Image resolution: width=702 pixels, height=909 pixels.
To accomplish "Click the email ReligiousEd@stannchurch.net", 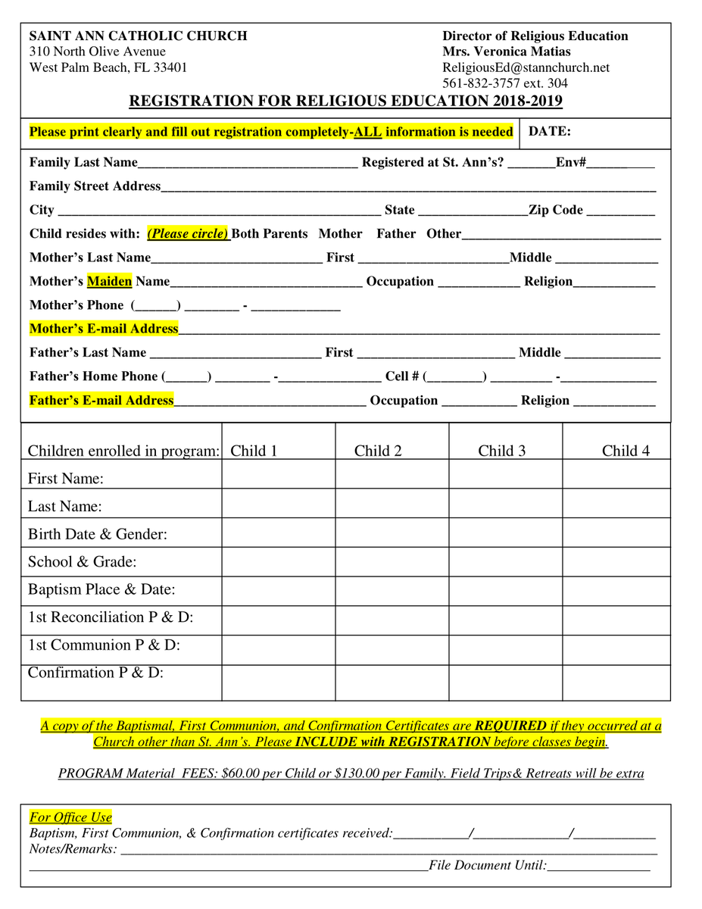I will pyautogui.click(x=526, y=67).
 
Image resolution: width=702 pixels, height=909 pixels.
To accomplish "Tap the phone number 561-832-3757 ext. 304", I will pyautogui.click(x=504, y=83).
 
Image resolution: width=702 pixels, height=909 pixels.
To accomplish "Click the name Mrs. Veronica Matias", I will pyautogui.click(x=507, y=52).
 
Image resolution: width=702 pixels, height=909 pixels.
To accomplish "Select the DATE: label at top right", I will pyautogui.click(x=549, y=132).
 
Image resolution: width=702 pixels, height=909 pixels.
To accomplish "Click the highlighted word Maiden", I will pyautogui.click(x=110, y=282).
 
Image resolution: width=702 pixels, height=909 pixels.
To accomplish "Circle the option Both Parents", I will pyautogui.click(x=270, y=234).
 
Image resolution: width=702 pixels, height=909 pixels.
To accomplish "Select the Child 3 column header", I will pyautogui.click(x=501, y=451).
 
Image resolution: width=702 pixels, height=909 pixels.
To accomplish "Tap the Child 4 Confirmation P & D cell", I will pyautogui.click(x=616, y=682).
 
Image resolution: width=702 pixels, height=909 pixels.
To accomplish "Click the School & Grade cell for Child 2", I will pyautogui.click(x=392, y=561).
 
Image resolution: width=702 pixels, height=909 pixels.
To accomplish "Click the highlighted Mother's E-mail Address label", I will pyautogui.click(x=104, y=329).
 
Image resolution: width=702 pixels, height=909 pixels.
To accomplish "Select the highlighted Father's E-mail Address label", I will pyautogui.click(x=101, y=401).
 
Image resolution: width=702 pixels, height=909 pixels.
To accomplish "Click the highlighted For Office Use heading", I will pyautogui.click(x=70, y=817).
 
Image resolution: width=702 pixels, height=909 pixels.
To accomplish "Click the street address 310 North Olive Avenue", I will pyautogui.click(x=97, y=52).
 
